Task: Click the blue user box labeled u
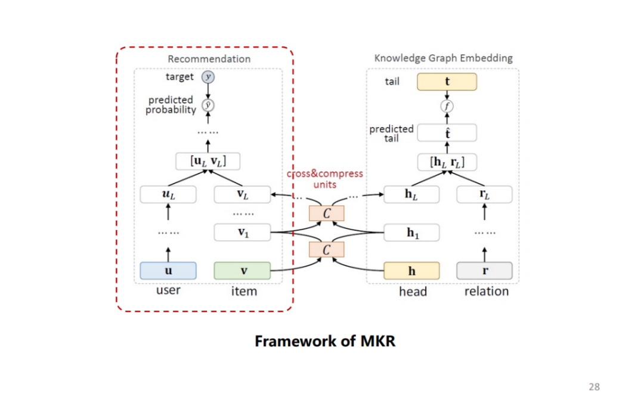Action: click(x=168, y=271)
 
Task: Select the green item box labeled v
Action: click(x=242, y=271)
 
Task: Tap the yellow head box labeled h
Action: click(x=411, y=271)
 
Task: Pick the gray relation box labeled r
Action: click(x=484, y=271)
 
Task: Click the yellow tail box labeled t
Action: click(x=447, y=82)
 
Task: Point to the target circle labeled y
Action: click(x=208, y=77)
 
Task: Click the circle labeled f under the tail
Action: click(x=447, y=107)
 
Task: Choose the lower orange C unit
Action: click(x=326, y=249)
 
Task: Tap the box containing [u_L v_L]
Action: click(x=208, y=161)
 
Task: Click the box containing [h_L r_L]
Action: click(x=447, y=162)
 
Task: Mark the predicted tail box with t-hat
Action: click(x=447, y=133)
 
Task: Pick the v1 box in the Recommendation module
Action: click(x=242, y=232)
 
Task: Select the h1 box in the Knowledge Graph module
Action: click(x=411, y=232)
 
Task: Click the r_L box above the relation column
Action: click(x=484, y=194)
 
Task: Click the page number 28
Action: click(x=594, y=387)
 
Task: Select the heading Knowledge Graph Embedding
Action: click(x=443, y=58)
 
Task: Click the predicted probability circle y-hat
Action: click(x=208, y=105)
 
